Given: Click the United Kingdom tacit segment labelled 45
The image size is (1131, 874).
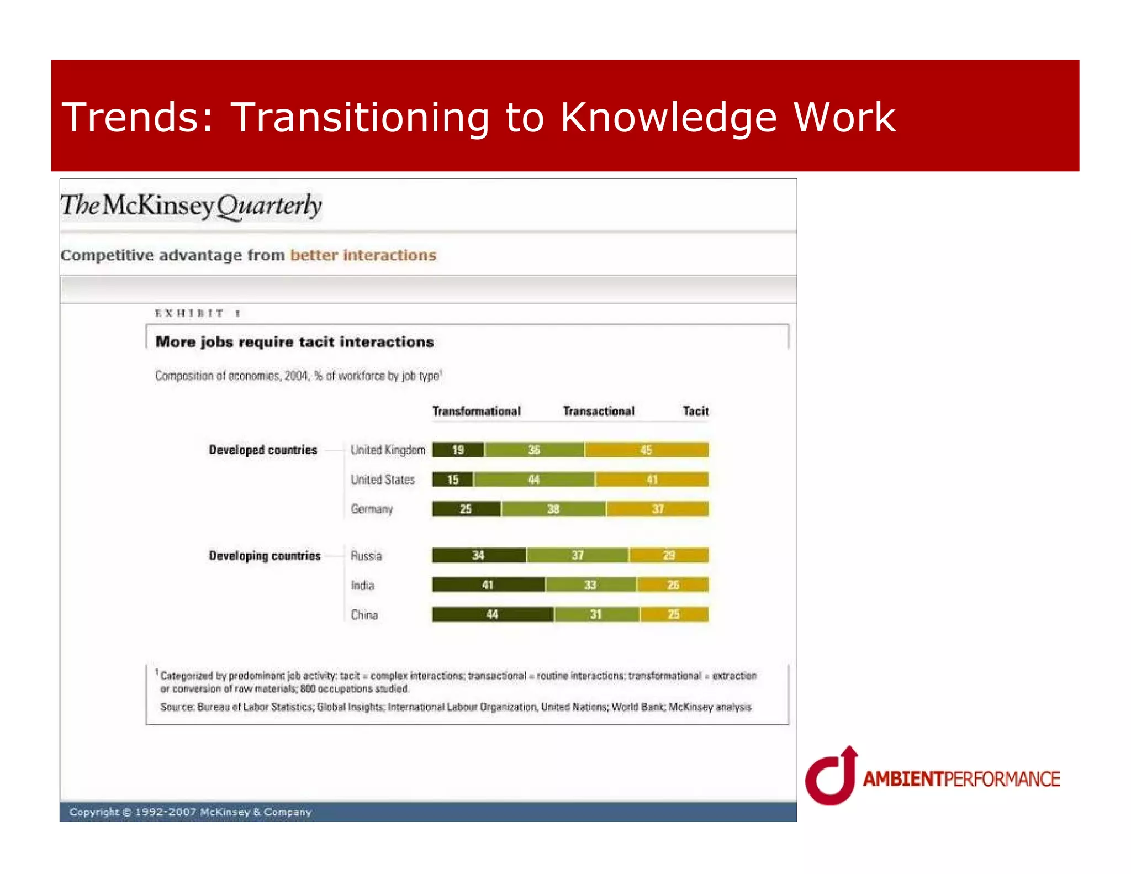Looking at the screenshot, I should pos(647,450).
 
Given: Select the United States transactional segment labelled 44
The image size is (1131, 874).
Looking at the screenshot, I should pos(534,480).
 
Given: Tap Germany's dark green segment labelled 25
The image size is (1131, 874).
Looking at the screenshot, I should pos(466,509).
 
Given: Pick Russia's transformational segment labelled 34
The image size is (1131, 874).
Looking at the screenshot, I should pos(479,555).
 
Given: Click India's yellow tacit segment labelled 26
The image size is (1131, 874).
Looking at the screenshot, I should pos(673,585).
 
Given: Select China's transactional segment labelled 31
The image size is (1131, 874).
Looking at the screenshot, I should pos(596,614).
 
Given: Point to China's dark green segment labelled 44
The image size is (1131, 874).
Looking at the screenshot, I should pos(492,614).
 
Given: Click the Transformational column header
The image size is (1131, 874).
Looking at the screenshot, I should pos(476,411).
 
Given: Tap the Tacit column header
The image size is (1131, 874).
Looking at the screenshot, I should pos(695,411).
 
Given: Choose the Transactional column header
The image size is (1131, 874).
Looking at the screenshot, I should pos(599,411).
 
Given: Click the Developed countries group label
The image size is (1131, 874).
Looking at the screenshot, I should pos(263,450).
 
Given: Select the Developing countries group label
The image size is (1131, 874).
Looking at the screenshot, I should pos(265,556).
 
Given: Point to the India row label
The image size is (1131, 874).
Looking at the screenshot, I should pos(362,585).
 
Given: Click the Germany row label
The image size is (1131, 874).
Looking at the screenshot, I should pos(372,509).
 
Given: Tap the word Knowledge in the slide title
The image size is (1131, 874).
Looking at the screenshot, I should pos(668,118).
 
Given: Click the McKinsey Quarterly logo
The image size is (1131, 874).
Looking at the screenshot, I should pos(191,206).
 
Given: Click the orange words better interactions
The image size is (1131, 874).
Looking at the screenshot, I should pos(363,255).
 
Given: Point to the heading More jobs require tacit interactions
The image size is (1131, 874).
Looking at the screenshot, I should pos(294,342).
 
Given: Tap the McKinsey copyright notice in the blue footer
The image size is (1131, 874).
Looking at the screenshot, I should pos(190,812).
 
